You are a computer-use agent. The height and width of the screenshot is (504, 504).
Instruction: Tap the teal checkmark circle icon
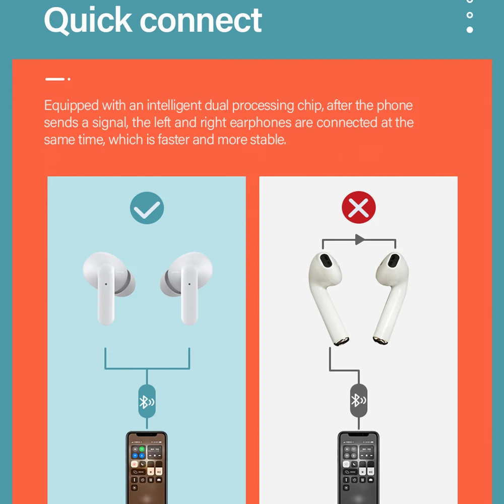pos(147,207)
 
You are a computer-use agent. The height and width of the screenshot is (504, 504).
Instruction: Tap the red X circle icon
pos(358,207)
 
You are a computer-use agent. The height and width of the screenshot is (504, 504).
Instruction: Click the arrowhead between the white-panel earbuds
pos(359,239)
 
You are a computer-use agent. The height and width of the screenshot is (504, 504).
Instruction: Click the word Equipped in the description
pos(71,106)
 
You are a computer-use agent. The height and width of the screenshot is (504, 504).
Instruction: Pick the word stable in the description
pos(268,140)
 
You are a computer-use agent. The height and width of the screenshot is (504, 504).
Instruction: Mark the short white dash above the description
pos(55,79)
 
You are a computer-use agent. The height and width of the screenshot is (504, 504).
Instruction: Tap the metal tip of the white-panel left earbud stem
pos(340,341)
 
